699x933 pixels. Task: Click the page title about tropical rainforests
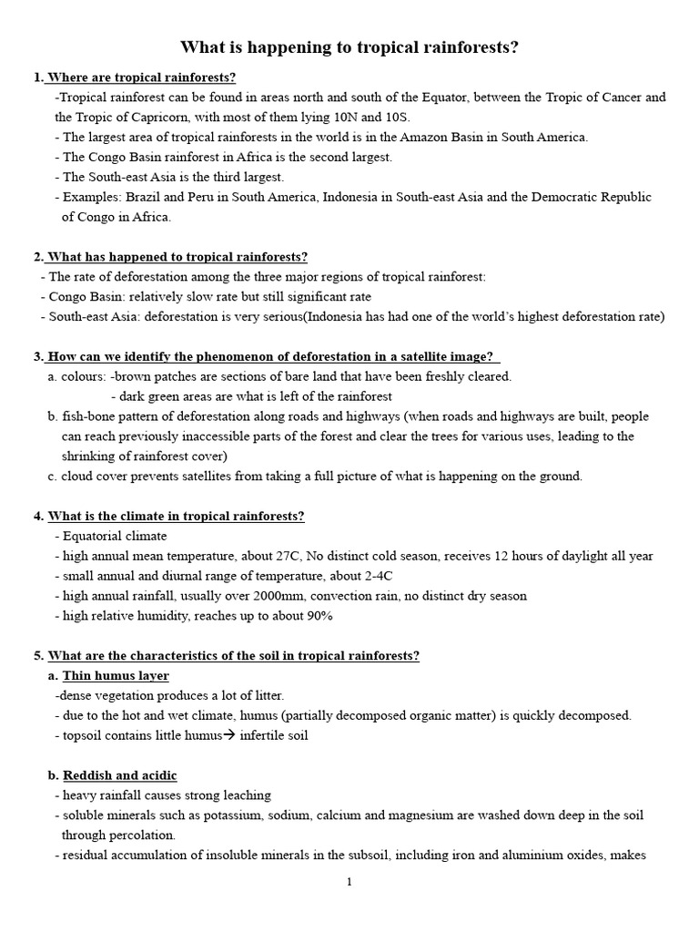(349, 47)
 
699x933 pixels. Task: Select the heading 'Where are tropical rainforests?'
(141, 77)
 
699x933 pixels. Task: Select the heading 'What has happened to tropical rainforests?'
(177, 257)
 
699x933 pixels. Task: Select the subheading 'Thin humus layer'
(116, 676)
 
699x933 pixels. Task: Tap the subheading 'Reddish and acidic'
(119, 775)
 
